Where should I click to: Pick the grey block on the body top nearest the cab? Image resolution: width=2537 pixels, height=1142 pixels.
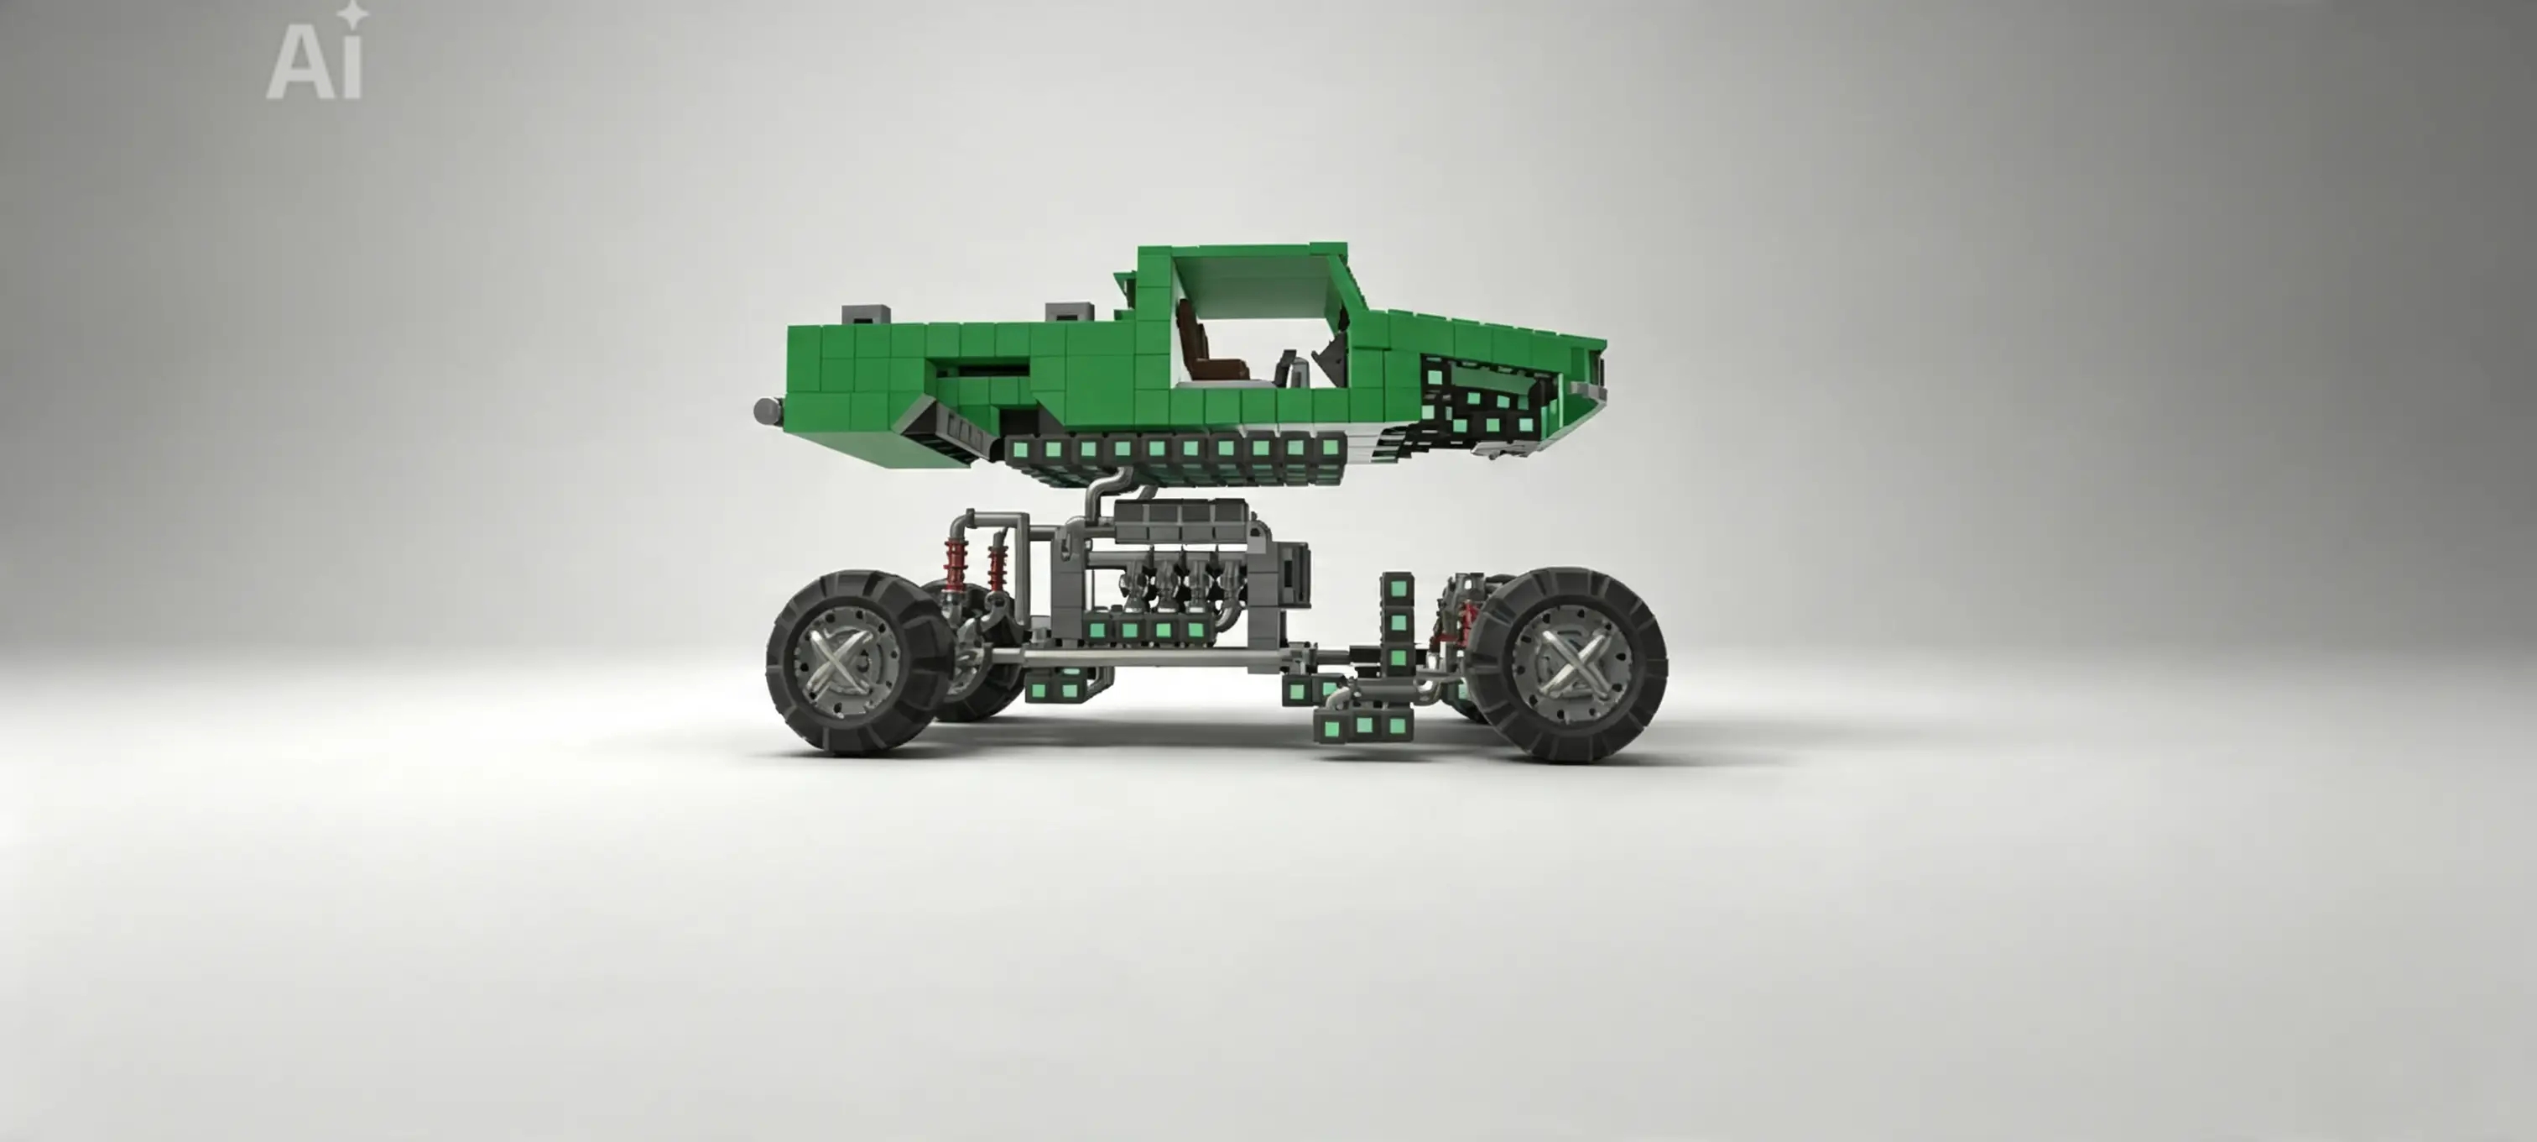1069,312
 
